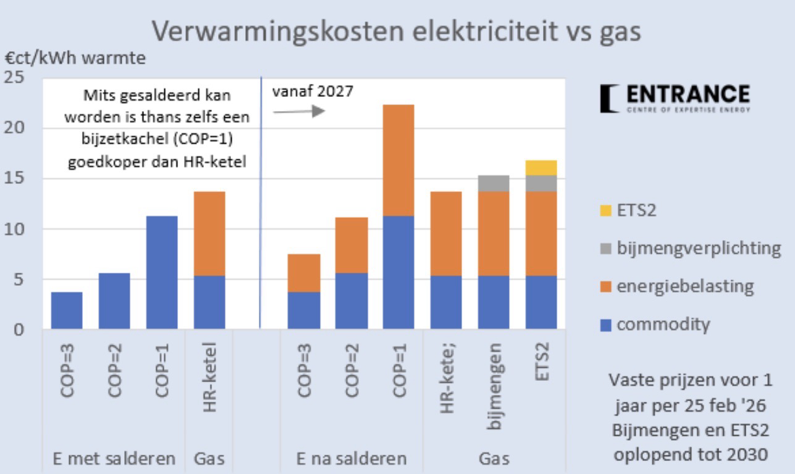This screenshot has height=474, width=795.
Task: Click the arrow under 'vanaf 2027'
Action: (x=299, y=112)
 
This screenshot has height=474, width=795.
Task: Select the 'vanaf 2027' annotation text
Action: (x=313, y=91)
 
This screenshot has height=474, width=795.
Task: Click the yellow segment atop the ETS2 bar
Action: (x=541, y=168)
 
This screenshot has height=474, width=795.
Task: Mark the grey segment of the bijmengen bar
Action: (x=494, y=183)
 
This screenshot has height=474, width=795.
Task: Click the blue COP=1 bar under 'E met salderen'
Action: (x=162, y=272)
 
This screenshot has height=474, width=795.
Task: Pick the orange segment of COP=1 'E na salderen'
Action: (x=398, y=160)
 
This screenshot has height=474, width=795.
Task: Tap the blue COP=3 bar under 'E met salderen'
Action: (x=67, y=310)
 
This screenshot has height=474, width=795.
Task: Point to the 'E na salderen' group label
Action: (x=351, y=459)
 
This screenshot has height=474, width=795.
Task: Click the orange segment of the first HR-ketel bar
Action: (x=209, y=233)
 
